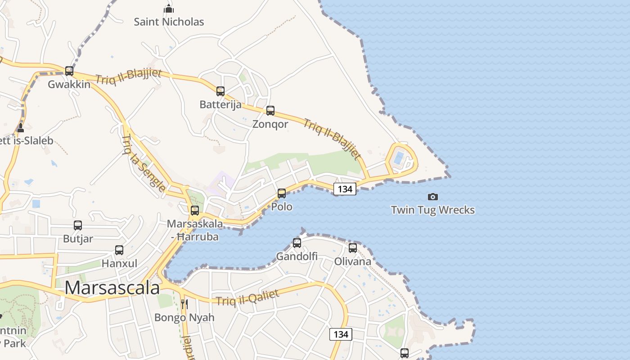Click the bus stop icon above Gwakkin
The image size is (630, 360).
click(x=69, y=71)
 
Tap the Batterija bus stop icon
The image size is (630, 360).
click(x=220, y=91)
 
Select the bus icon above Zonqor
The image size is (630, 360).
click(x=270, y=111)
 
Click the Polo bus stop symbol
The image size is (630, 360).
click(x=281, y=193)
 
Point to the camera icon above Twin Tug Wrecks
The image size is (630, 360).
click(x=432, y=197)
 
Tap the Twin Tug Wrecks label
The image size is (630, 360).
click(x=432, y=210)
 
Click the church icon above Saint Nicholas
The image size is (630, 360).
click(x=169, y=9)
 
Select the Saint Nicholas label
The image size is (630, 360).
click(x=169, y=22)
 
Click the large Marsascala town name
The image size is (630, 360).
click(x=112, y=288)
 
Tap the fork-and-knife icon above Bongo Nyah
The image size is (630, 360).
click(x=184, y=304)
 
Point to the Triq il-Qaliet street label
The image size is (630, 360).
click(x=247, y=297)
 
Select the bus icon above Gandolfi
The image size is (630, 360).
click(x=297, y=243)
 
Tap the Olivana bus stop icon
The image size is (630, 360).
click(x=352, y=248)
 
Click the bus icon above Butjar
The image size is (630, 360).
click(x=78, y=225)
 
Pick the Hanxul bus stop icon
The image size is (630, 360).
click(x=119, y=250)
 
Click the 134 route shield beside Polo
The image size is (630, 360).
click(x=345, y=189)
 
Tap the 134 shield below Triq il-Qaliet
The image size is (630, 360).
click(x=341, y=334)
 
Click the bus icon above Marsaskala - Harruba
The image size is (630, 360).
click(x=194, y=210)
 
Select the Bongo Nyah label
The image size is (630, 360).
click(x=184, y=317)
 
